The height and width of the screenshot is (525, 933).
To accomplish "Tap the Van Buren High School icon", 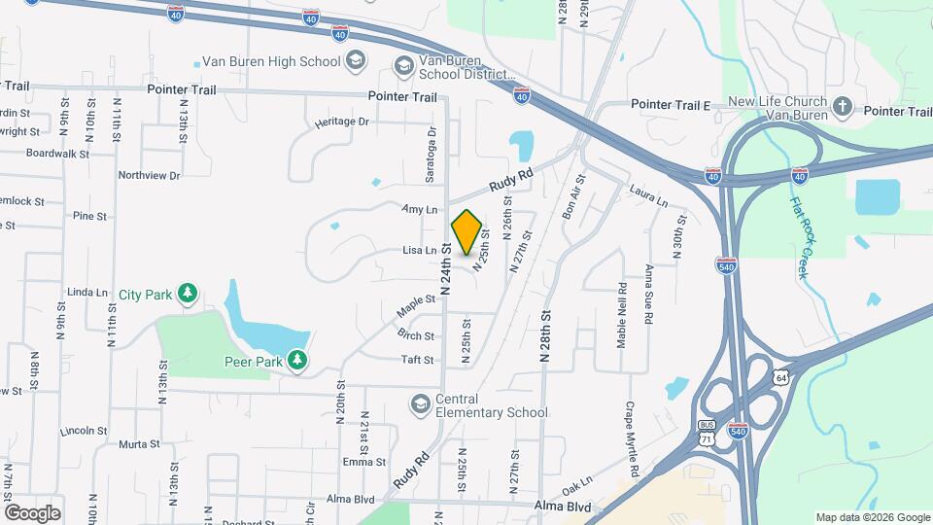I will click(356, 61).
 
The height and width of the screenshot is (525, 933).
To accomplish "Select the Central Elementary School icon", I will click(420, 403).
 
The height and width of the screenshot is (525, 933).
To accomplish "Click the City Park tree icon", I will click(187, 293).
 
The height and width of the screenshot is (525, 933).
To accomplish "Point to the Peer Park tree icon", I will click(297, 362).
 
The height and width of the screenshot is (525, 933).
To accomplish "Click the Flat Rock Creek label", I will click(803, 239).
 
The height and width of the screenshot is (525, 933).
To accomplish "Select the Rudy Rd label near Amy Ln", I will click(511, 180).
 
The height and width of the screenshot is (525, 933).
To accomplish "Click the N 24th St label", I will click(446, 268).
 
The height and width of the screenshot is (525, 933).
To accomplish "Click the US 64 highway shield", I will click(781, 377).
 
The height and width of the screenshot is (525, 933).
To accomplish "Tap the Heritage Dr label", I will click(342, 122).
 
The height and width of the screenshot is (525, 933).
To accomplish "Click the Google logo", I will click(32, 512).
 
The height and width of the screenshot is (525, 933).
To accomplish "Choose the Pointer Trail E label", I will click(672, 104).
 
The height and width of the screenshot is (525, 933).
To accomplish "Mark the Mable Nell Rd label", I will click(622, 316).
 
